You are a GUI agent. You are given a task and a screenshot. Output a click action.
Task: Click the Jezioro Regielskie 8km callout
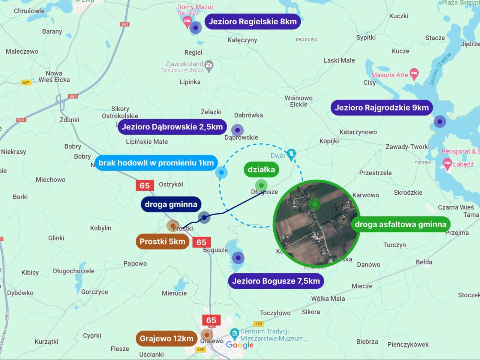[x=252, y=22]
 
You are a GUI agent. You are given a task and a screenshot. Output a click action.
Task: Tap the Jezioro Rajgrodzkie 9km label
[x=381, y=108]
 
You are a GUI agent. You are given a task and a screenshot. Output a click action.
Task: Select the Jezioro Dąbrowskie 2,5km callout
[x=172, y=127]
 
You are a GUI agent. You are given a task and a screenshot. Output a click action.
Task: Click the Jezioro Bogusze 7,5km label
[x=276, y=281]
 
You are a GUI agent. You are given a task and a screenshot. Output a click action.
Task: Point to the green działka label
[x=261, y=169]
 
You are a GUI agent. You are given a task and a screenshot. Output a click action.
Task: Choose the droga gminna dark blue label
[x=171, y=204]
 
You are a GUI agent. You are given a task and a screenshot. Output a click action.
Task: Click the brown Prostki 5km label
[x=162, y=241]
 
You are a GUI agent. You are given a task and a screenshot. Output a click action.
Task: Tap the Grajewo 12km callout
[x=166, y=339]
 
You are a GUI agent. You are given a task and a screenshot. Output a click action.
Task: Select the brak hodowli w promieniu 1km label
[x=156, y=163]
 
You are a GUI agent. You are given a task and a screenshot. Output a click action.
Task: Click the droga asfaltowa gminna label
[x=400, y=224]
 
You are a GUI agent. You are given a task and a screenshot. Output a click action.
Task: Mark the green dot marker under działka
[x=261, y=185]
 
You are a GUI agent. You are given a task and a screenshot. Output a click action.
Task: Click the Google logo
[x=240, y=345]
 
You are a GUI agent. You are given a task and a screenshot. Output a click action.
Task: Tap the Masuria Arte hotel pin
[x=414, y=74]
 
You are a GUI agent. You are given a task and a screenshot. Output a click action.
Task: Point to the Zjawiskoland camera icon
[x=209, y=66]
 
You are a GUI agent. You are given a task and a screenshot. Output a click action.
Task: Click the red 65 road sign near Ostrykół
[x=145, y=185]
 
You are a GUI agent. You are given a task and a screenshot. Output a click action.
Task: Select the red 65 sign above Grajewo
[x=211, y=320]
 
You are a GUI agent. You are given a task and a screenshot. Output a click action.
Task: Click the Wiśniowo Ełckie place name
[x=298, y=101]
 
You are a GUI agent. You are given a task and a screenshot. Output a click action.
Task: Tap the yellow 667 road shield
[x=26, y=82]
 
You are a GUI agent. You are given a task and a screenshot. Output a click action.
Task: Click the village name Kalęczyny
[x=242, y=40]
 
